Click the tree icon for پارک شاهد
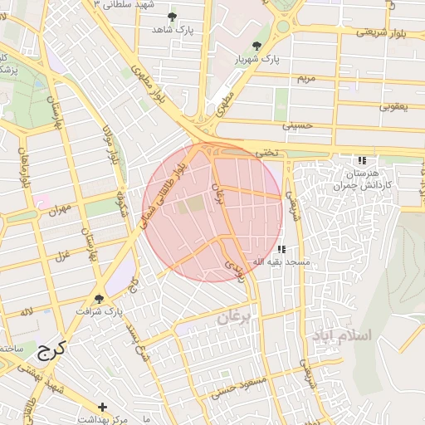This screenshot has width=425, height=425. [x=172, y=17]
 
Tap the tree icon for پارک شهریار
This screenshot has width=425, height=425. [x=256, y=46]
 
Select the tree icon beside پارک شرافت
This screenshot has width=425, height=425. [x=100, y=299]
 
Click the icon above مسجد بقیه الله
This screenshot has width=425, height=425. [x=281, y=248]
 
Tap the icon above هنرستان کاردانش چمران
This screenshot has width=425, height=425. [x=361, y=160]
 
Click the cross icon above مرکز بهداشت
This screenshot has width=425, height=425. [x=102, y=407]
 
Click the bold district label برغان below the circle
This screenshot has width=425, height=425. [x=233, y=318]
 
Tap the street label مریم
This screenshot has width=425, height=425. [x=306, y=78]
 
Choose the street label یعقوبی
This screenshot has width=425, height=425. [x=394, y=106]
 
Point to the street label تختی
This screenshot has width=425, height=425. [x=265, y=153]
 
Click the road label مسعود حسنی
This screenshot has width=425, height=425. [x=237, y=389]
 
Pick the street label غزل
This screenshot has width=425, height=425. [x=60, y=252]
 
